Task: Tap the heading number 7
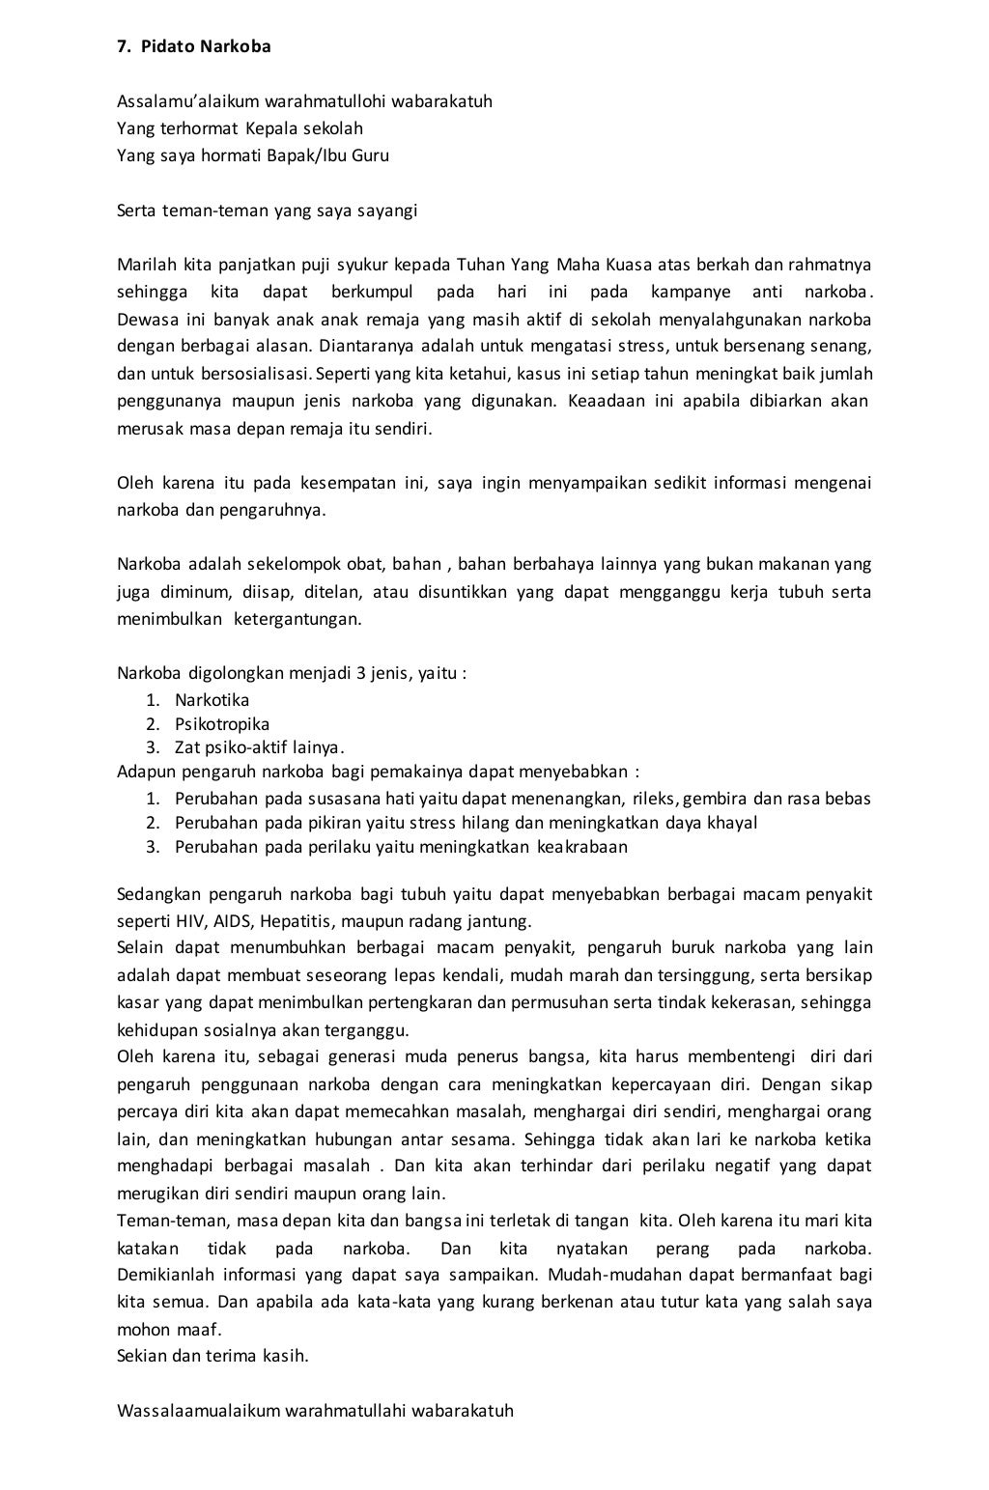coord(122,46)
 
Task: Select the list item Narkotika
coord(212,700)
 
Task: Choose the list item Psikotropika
coord(221,724)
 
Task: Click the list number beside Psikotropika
coord(153,724)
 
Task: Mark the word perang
coord(682,1248)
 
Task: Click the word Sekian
coord(142,1355)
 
